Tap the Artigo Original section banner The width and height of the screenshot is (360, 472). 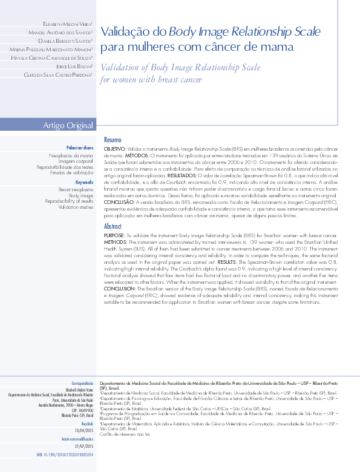point(68,125)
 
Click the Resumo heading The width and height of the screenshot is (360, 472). point(113,140)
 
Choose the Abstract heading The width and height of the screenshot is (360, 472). point(113,226)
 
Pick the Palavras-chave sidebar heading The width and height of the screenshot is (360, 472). point(80,148)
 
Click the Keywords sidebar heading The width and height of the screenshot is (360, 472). point(84,182)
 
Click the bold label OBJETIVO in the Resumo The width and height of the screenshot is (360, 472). point(115,148)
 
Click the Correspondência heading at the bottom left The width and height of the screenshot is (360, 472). point(82,384)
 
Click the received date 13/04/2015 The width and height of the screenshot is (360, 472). point(82,430)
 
